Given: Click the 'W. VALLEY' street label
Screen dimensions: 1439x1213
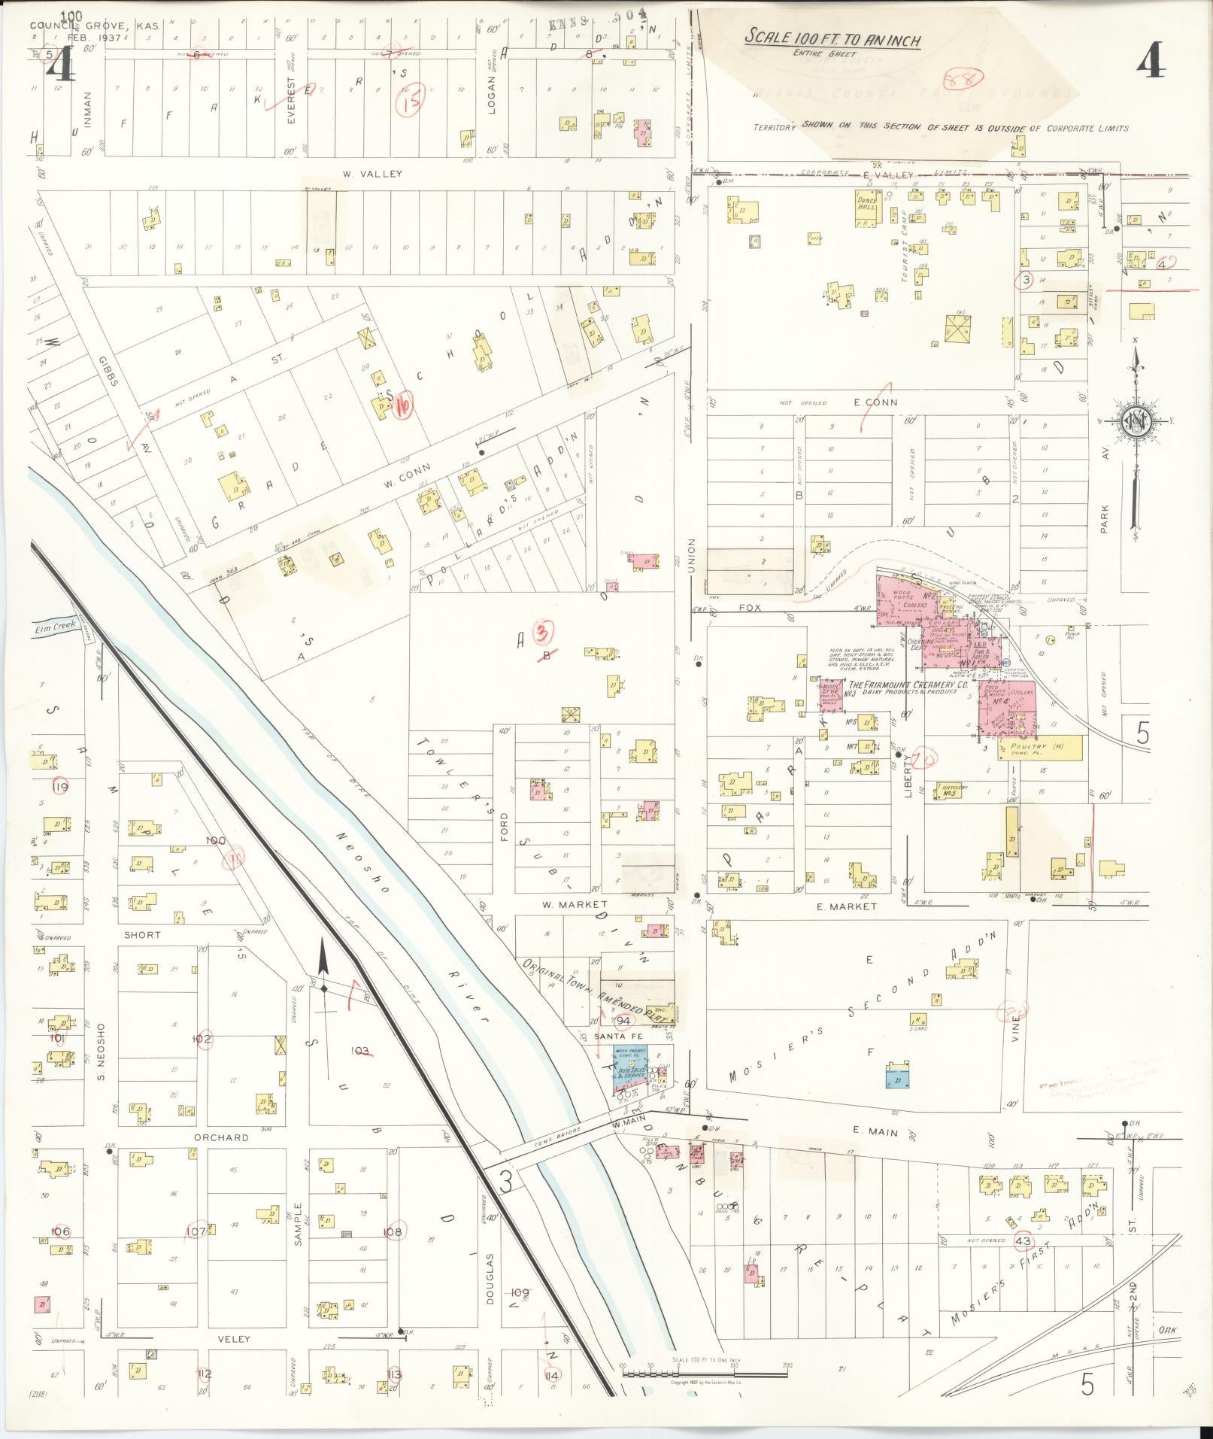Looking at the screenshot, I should pyautogui.click(x=372, y=174).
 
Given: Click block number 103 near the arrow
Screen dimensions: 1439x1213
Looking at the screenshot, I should pyautogui.click(x=361, y=1050).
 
